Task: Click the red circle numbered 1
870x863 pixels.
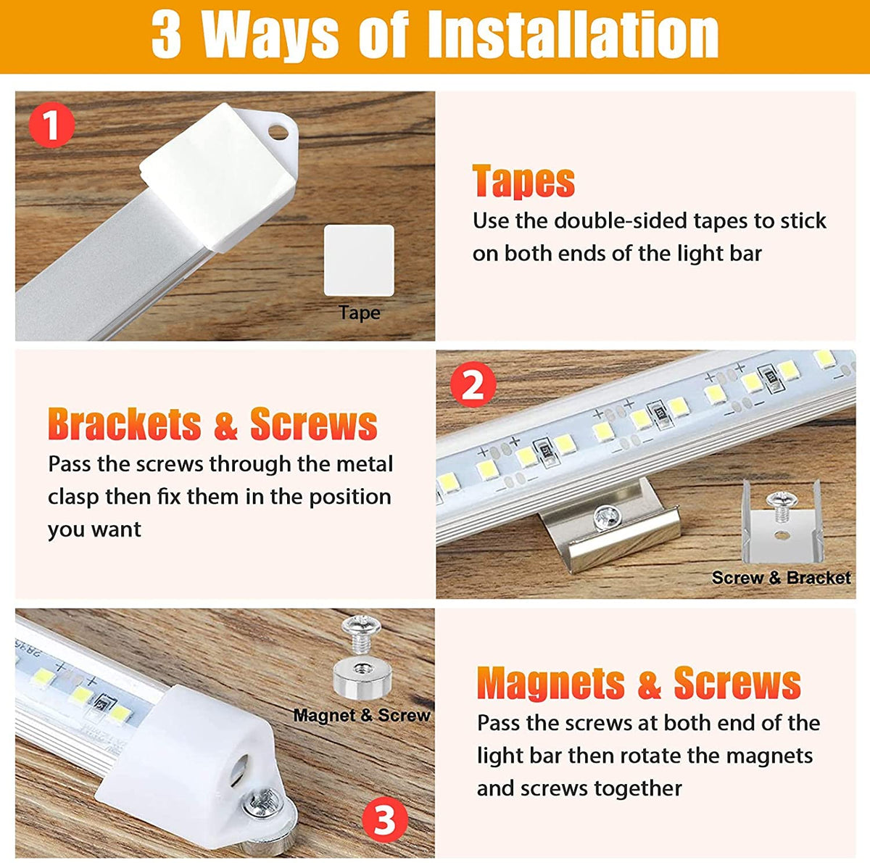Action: pos(52,125)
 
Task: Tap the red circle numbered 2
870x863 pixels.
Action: pos(473,384)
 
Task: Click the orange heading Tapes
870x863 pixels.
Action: pos(523,181)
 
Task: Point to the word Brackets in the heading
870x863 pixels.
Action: pos(125,424)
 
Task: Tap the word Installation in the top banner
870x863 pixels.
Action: pos(573,36)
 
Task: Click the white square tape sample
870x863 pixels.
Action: pos(359,260)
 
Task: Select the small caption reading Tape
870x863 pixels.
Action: pos(360,313)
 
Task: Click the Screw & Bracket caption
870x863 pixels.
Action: pos(781,577)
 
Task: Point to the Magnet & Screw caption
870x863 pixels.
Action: pos(362,715)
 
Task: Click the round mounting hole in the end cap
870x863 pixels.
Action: pos(278,132)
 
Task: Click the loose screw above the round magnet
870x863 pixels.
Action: pos(361,633)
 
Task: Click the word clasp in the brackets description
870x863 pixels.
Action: pos(72,497)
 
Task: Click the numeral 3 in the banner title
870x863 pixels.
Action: pos(167,36)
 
